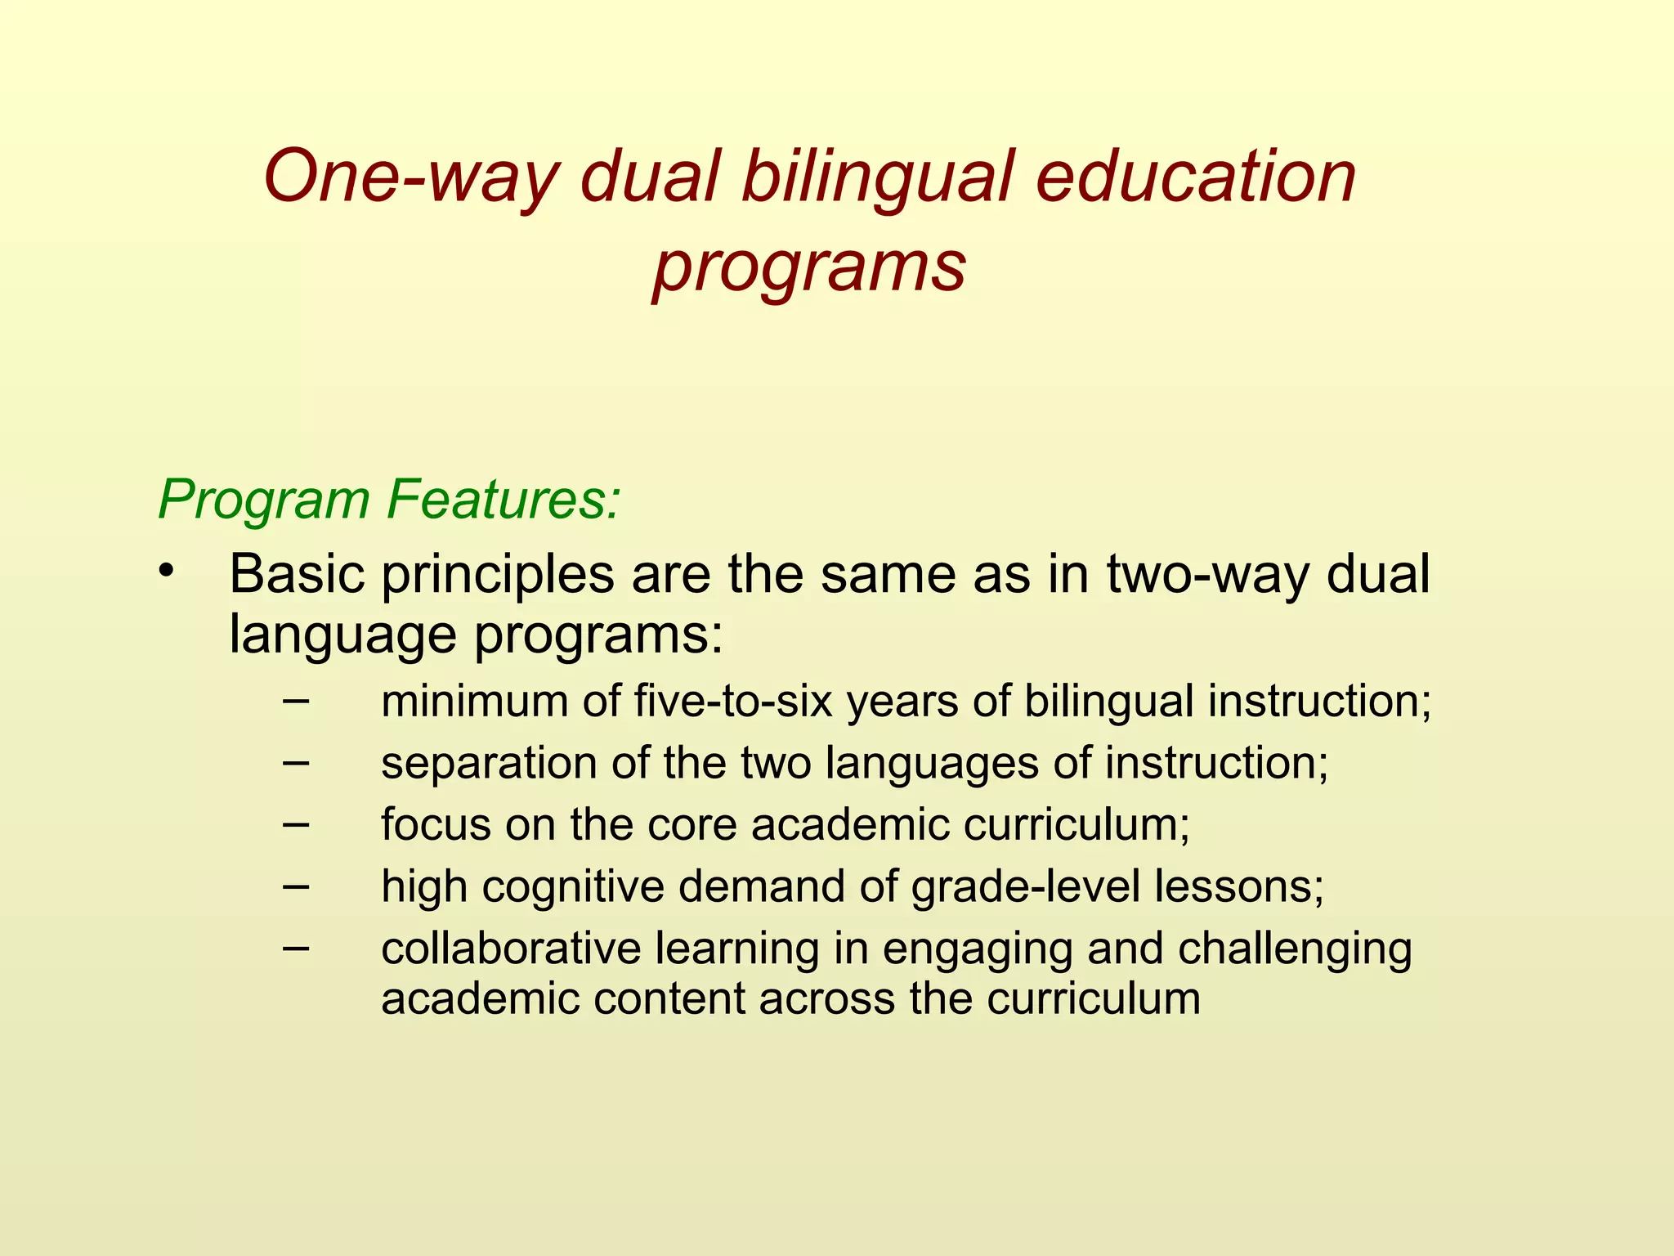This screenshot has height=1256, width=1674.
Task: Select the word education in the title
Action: (1195, 177)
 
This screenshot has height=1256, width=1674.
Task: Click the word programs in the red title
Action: (809, 268)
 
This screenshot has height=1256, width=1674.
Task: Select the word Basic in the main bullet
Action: (297, 574)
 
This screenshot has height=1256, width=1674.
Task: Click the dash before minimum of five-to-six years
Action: (296, 700)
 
